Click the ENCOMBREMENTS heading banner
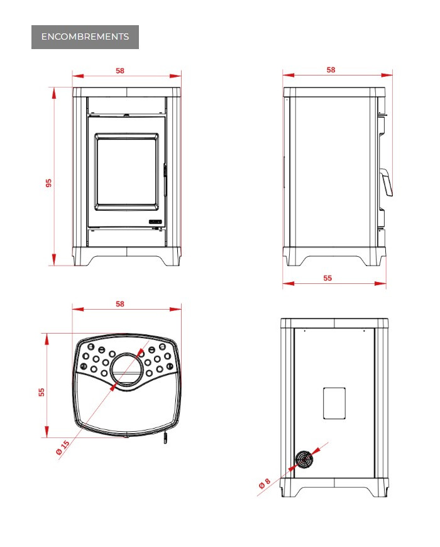[85, 37]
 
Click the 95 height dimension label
[49, 183]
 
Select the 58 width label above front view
[120, 71]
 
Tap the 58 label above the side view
[331, 70]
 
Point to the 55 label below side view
[327, 278]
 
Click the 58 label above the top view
[120, 304]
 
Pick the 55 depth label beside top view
[41, 392]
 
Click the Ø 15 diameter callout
[63, 448]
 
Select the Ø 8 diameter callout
[265, 483]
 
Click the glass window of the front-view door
[126, 172]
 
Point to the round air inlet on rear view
[304, 460]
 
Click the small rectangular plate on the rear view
[334, 403]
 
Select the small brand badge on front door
[155, 222]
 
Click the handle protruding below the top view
[165, 437]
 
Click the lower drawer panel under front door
[126, 237]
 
